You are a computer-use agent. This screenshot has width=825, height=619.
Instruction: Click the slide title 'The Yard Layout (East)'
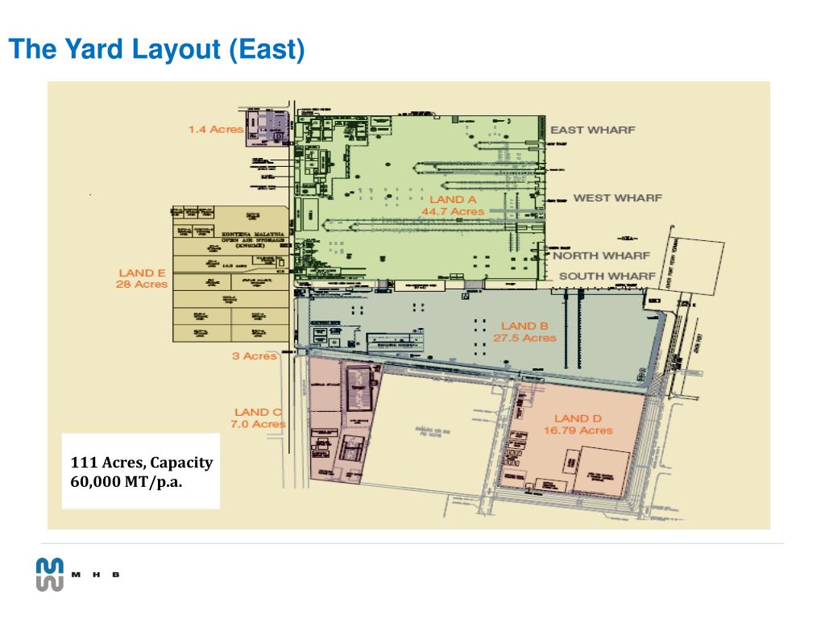pos(158,50)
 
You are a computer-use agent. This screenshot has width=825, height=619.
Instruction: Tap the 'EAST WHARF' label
pos(592,130)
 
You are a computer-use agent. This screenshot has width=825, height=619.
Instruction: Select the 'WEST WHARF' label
pos(617,197)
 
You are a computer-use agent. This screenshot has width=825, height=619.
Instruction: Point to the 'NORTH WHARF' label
pos(601,255)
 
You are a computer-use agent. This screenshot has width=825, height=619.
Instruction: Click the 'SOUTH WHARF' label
pos(607,276)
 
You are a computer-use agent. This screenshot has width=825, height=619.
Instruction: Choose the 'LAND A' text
pos(453,199)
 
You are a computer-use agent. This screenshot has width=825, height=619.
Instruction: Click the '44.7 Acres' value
pos(453,211)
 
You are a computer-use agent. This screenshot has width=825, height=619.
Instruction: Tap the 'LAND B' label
pos(524,326)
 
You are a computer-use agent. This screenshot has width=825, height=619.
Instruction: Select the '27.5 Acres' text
pos(524,338)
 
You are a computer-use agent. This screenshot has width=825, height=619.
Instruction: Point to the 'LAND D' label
pos(578,418)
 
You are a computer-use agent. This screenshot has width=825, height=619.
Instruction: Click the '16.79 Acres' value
pos(578,430)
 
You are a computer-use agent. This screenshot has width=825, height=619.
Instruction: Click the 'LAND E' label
pos(142,272)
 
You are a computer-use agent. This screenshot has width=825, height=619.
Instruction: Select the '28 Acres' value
pos(142,284)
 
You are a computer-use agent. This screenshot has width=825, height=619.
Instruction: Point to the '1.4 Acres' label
pos(215,129)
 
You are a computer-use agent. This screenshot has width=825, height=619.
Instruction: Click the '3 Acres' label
pos(255,355)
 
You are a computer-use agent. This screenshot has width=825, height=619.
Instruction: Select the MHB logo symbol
pos(50,574)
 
